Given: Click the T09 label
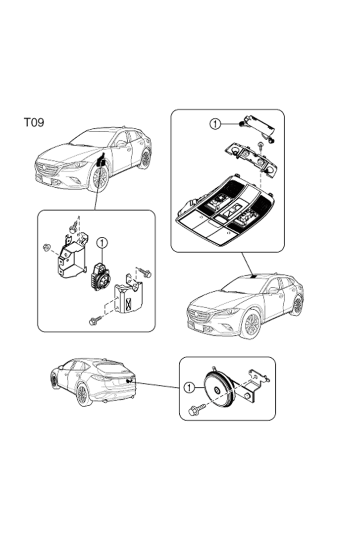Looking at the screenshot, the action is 34,122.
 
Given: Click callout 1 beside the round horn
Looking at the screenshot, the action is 190,387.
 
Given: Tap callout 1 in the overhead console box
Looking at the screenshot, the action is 215,123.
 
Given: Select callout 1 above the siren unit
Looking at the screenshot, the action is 103,243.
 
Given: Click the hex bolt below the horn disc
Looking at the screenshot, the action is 197,410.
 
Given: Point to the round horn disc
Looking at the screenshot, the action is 219,389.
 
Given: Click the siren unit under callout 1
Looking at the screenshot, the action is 100,276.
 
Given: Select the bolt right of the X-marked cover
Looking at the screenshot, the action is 145,272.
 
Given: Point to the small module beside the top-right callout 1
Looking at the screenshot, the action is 258,128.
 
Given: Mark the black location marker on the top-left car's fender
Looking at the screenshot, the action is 101,161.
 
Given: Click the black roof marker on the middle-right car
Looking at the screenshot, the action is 255,276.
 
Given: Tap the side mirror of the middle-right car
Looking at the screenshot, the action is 273,290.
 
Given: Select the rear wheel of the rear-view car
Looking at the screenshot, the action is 82,394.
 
